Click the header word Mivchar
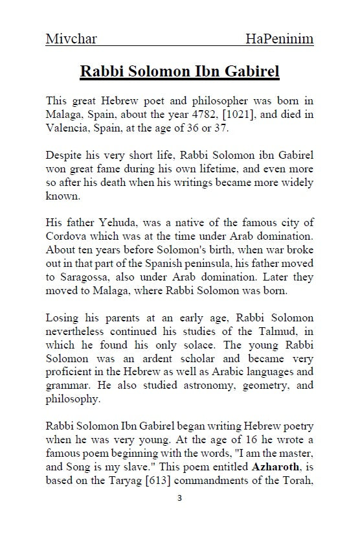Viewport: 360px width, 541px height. point(71,39)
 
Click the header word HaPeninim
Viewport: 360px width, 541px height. point(280,39)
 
